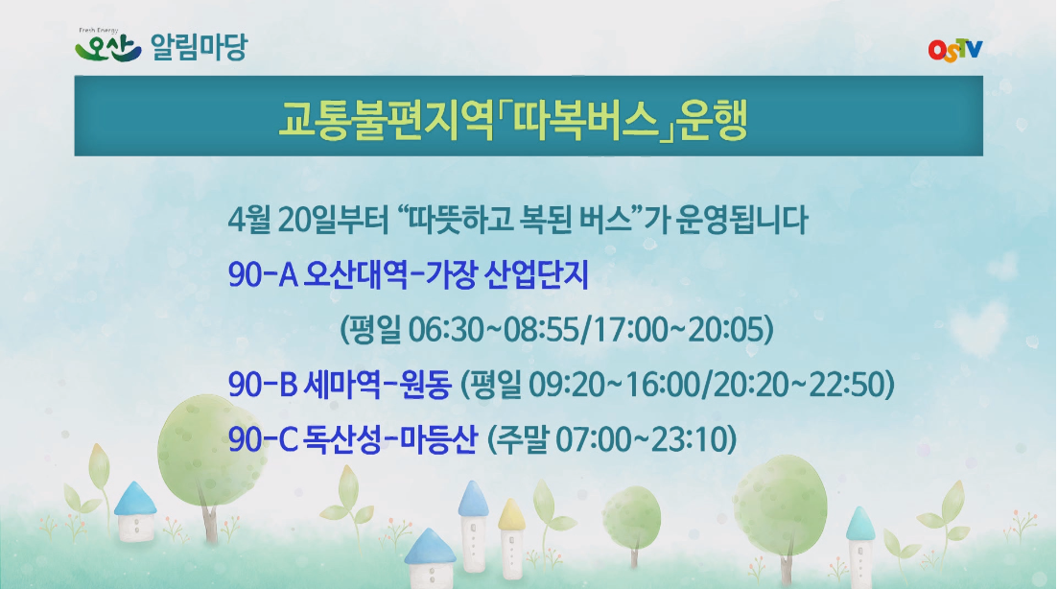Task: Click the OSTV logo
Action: (x=955, y=49)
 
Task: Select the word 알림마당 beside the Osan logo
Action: (x=199, y=47)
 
